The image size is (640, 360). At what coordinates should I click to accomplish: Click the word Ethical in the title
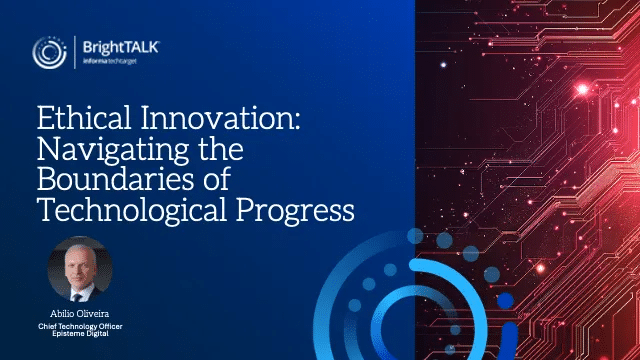(84, 118)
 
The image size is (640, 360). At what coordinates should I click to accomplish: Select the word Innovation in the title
(221, 118)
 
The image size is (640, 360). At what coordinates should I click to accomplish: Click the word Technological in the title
(131, 210)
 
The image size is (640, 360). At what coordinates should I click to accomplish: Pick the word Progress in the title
(296, 211)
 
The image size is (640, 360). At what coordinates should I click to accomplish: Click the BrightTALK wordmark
(121, 47)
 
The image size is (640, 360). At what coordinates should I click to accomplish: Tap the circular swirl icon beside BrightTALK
(49, 52)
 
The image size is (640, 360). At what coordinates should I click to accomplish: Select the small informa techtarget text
(109, 61)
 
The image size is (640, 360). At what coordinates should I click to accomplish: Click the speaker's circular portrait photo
(80, 269)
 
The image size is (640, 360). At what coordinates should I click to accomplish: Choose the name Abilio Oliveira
(80, 314)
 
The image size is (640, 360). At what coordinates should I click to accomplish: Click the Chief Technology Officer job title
(80, 327)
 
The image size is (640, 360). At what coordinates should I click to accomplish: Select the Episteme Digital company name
(80, 333)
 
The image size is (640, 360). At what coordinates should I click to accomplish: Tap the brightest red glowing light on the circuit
(582, 89)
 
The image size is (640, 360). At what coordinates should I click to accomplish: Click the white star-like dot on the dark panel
(444, 65)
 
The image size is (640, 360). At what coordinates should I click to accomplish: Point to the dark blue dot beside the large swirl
(505, 301)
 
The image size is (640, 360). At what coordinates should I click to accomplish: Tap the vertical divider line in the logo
(75, 52)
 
